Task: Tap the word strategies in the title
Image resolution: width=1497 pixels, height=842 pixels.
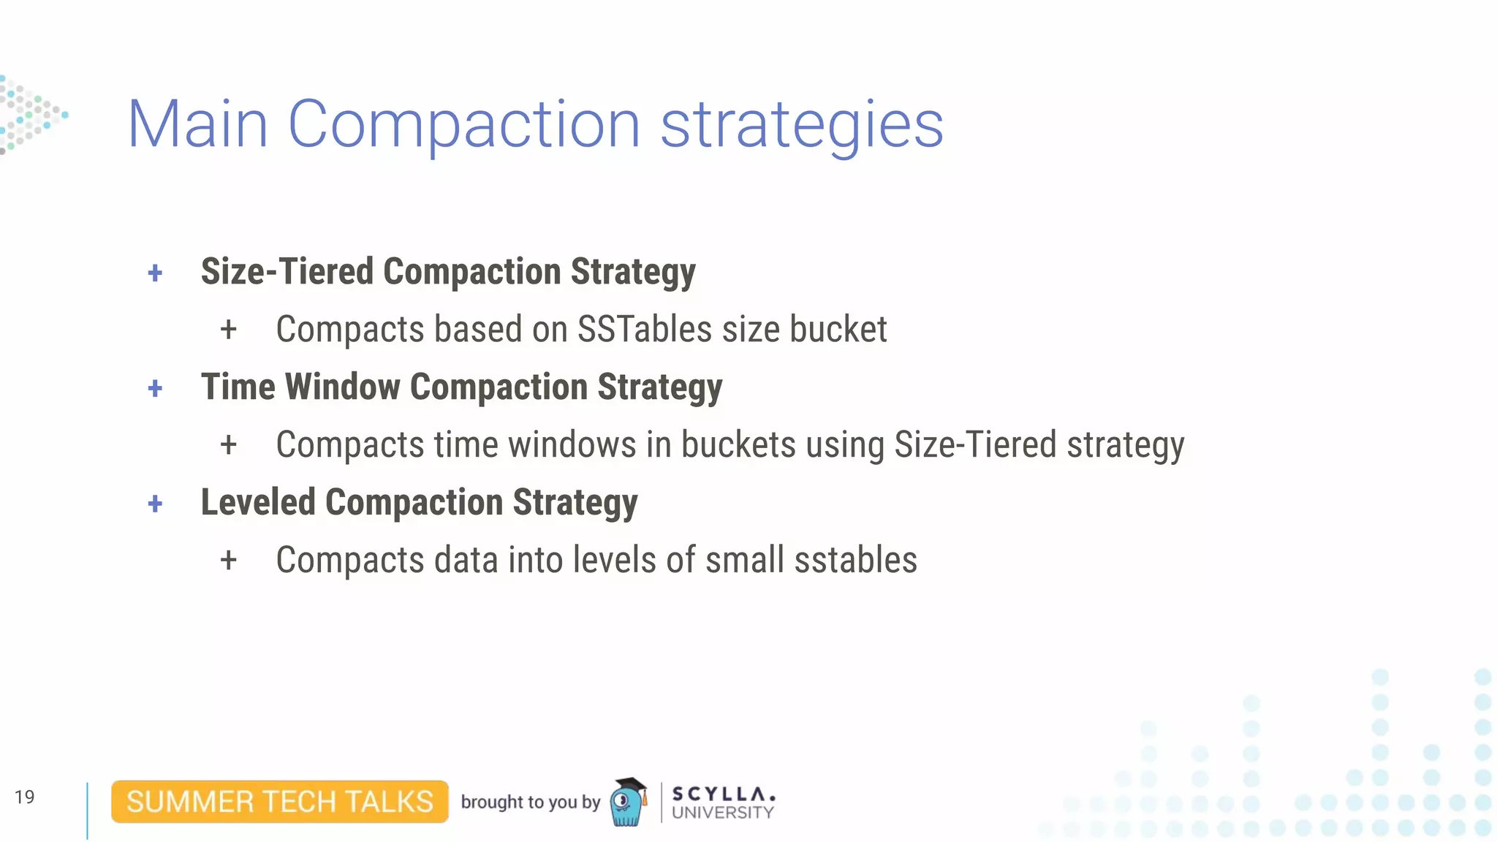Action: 802,126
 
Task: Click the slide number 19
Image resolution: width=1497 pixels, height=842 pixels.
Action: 24,797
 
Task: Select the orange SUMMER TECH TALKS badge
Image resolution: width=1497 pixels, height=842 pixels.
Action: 280,802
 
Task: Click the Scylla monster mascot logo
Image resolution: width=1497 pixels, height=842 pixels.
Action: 629,802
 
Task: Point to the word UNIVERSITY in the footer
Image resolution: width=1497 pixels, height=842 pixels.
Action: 722,813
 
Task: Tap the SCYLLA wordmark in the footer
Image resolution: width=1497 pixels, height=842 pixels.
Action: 722,794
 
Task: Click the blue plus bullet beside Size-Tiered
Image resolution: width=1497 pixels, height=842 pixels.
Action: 155,273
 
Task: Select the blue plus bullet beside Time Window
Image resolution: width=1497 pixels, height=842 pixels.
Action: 155,388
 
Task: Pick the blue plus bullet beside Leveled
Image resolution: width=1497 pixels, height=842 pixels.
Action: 155,504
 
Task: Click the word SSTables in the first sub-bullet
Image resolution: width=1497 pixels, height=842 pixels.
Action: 644,330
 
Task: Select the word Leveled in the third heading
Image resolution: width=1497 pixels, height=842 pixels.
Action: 258,502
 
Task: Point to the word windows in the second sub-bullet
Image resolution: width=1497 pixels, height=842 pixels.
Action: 572,444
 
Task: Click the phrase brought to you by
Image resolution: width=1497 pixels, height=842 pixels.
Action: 530,802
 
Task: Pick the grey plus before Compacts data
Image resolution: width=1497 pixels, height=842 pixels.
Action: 229,561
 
